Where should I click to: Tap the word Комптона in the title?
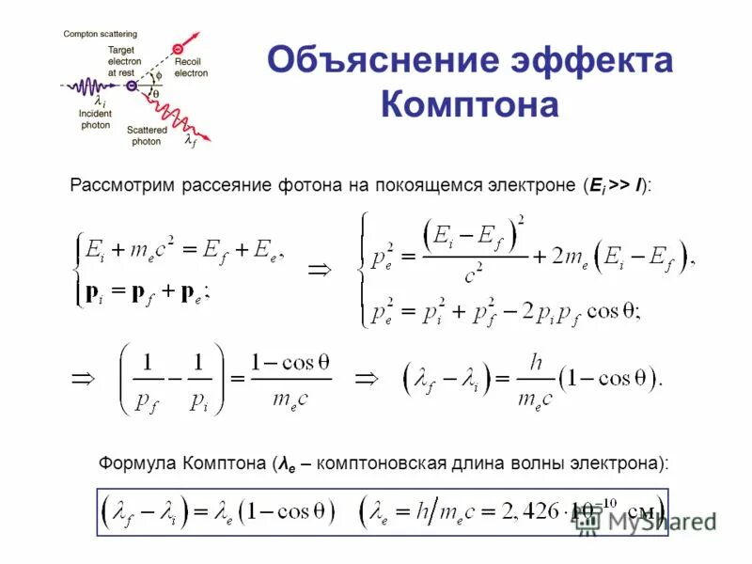tap(469, 102)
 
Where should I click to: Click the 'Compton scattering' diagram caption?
tap(101, 34)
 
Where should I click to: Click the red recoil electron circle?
tap(176, 48)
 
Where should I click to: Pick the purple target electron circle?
tap(133, 86)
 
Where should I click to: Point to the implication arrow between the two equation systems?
tap(321, 270)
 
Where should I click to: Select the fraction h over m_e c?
tap(533, 381)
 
